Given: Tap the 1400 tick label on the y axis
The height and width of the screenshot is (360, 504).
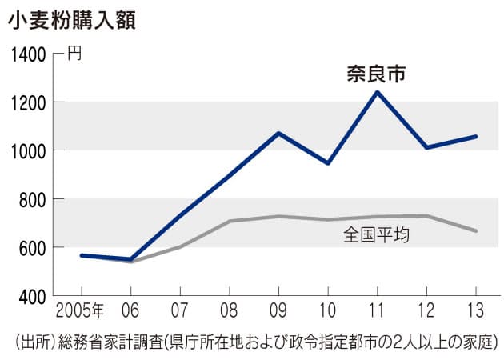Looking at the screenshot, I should coord(29,55).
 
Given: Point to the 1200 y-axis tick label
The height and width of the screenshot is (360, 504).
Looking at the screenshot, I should coord(29,102).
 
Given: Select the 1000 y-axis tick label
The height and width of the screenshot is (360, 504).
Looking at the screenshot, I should coord(29,150).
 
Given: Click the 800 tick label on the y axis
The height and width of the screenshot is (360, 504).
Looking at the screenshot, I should coord(32,199).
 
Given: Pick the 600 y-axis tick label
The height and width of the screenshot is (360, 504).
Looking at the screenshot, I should coord(32,247).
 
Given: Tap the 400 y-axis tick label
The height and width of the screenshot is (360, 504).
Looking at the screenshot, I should coord(32,296).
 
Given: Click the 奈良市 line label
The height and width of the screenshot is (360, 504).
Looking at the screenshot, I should coord(375,76).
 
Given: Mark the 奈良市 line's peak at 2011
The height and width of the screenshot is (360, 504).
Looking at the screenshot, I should coord(377,92).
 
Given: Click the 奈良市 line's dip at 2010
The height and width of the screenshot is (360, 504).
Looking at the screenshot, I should coord(328,163).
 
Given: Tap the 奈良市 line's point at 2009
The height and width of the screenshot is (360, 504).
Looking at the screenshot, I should coord(278,133).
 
